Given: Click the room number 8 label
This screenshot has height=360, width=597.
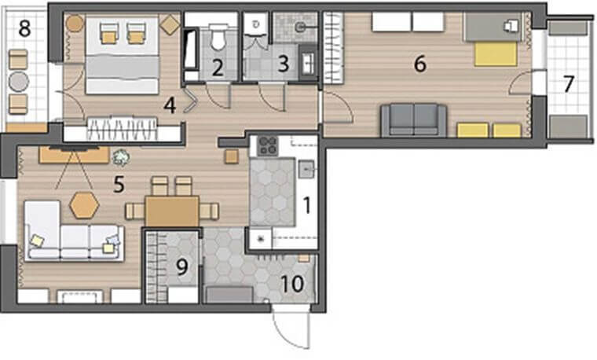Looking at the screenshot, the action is [x=25, y=28].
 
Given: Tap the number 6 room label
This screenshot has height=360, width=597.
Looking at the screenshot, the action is [x=420, y=64].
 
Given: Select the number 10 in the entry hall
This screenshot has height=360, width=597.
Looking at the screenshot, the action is [x=292, y=284].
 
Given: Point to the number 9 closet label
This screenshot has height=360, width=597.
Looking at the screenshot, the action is [x=182, y=267].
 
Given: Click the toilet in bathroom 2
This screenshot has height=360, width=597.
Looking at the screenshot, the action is [x=218, y=37].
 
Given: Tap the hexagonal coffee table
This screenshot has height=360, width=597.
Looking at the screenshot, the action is [x=84, y=205].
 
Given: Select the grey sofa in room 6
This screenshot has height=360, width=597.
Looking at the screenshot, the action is [x=414, y=120].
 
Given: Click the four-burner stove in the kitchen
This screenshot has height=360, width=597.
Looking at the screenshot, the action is [x=268, y=145].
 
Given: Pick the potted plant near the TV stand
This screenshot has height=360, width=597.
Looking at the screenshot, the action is [x=121, y=157].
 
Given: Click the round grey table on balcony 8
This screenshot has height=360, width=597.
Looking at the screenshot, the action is [x=19, y=82].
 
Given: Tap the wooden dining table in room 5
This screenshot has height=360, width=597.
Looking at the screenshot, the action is [x=172, y=211].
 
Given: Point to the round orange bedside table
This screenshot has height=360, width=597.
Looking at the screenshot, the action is [x=75, y=24].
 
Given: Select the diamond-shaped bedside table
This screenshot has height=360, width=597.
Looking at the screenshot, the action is [x=170, y=25].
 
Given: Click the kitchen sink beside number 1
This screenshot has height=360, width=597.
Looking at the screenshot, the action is [x=306, y=169].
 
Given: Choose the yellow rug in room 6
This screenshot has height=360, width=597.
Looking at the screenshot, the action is [x=496, y=53].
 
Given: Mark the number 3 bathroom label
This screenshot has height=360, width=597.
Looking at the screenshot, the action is [x=284, y=64].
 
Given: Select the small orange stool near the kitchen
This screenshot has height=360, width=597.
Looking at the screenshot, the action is [x=232, y=156].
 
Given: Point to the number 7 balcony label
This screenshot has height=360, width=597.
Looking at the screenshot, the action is [x=569, y=84].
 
